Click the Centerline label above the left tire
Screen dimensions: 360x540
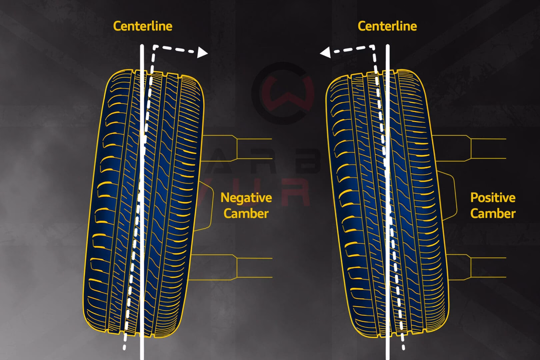[x=143, y=26]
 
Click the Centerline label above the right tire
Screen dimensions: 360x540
[x=387, y=26]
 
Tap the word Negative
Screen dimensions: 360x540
[x=246, y=198]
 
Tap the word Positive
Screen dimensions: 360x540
[x=493, y=198]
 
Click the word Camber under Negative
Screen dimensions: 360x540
[x=246, y=213]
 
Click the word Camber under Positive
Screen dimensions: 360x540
[x=493, y=213]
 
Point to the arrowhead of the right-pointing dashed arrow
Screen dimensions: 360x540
[x=202, y=53]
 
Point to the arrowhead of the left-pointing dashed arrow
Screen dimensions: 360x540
[x=325, y=53]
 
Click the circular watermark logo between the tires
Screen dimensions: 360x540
[x=283, y=93]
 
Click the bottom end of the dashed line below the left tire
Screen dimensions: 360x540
[x=124, y=347]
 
